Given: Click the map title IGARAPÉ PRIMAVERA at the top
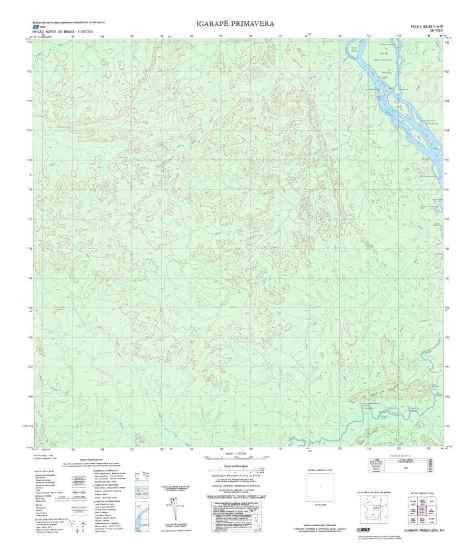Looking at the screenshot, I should click(235, 24).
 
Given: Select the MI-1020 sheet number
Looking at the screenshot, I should click(436, 31).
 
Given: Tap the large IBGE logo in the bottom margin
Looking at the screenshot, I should click(366, 530).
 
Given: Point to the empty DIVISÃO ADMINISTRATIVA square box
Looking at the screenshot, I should click(320, 487).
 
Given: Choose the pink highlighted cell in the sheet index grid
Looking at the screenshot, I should click(418, 510).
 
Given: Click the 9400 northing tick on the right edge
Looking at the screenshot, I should click(447, 308).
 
